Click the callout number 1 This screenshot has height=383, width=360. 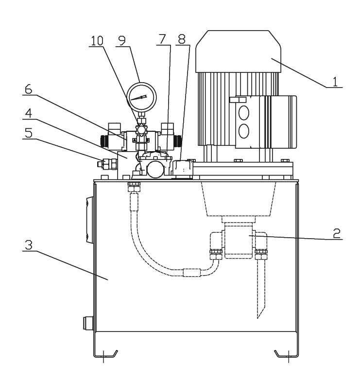pyautogui.click(x=335, y=82)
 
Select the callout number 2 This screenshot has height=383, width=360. pyautogui.click(x=337, y=233)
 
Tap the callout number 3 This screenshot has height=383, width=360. pyautogui.click(x=29, y=245)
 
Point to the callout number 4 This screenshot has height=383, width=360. pyautogui.click(x=29, y=113)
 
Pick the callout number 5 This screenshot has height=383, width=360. pyautogui.click(x=29, y=133)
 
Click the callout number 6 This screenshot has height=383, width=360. pyautogui.click(x=28, y=89)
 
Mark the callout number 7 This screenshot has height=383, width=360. pyautogui.click(x=162, y=39)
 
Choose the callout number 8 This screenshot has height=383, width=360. pyautogui.click(x=182, y=39)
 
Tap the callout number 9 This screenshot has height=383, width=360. pyautogui.click(x=121, y=40)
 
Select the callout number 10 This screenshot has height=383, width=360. pyautogui.click(x=97, y=41)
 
